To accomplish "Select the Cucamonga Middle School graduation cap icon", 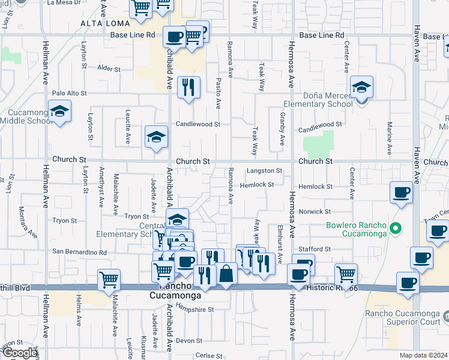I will coord(59,112).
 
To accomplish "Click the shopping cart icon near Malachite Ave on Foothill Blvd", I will coord(109,279).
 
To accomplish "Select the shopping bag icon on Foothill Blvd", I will coord(226,274).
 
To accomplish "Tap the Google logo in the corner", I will coord(19,352).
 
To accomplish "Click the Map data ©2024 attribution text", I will coord(423,355).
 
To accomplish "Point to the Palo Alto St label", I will coord(70,94).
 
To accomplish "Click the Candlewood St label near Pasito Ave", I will coord(198,125).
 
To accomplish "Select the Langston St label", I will coord(264,172).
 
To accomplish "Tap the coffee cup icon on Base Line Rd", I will coord(175,37).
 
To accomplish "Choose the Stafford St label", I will coord(315,249).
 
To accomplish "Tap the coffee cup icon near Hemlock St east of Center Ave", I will coord(401,193).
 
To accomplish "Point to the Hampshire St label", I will coord(195,310).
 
